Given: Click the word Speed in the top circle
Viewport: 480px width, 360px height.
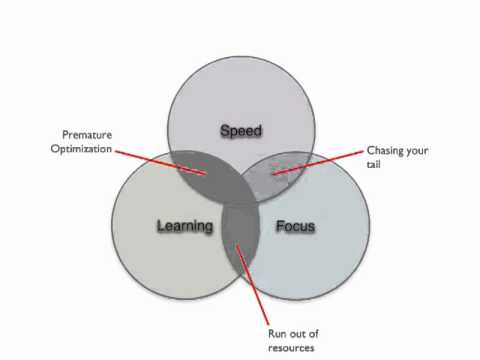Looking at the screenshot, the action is click(x=241, y=130).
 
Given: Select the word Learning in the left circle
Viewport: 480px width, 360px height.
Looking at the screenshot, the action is click(x=185, y=226).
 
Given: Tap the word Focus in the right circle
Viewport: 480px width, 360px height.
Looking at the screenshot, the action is click(x=295, y=226).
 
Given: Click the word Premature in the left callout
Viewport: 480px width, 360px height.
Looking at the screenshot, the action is click(x=87, y=135).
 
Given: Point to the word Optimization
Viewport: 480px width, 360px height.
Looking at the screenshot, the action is click(x=81, y=149).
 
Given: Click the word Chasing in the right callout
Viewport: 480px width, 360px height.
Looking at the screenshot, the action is click(x=385, y=151).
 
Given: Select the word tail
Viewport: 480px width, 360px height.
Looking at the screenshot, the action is click(x=373, y=164).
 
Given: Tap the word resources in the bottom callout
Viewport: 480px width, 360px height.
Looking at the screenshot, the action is click(x=291, y=348).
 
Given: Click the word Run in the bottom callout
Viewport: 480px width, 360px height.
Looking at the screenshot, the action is click(x=277, y=334).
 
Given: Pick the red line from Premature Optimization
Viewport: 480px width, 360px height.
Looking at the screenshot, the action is click(x=160, y=162).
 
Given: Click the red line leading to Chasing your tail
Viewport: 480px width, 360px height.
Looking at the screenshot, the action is click(x=318, y=162).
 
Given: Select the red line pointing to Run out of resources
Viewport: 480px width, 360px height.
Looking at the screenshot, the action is click(x=252, y=285).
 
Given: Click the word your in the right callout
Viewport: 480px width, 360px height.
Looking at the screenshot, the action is click(x=417, y=151).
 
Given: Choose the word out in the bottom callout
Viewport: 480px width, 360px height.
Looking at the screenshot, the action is click(x=298, y=334).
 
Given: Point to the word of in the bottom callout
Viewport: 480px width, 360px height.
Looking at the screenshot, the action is click(x=314, y=333).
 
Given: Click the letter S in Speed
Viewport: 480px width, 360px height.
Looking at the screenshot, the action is click(x=225, y=130).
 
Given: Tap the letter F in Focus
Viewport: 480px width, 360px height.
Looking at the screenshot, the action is click(x=280, y=226).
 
